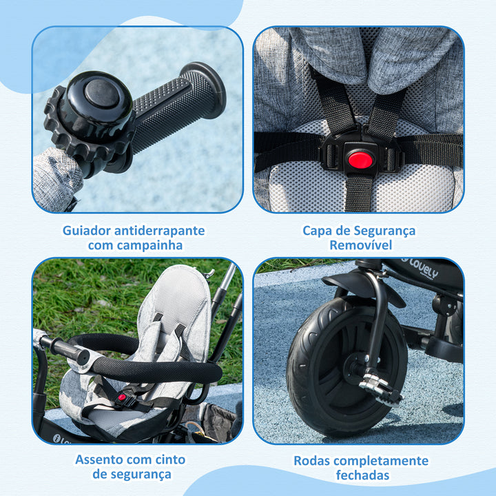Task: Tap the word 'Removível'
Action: tap(359, 245)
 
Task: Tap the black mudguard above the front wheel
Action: tap(362, 282)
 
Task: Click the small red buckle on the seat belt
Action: tap(123, 398)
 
